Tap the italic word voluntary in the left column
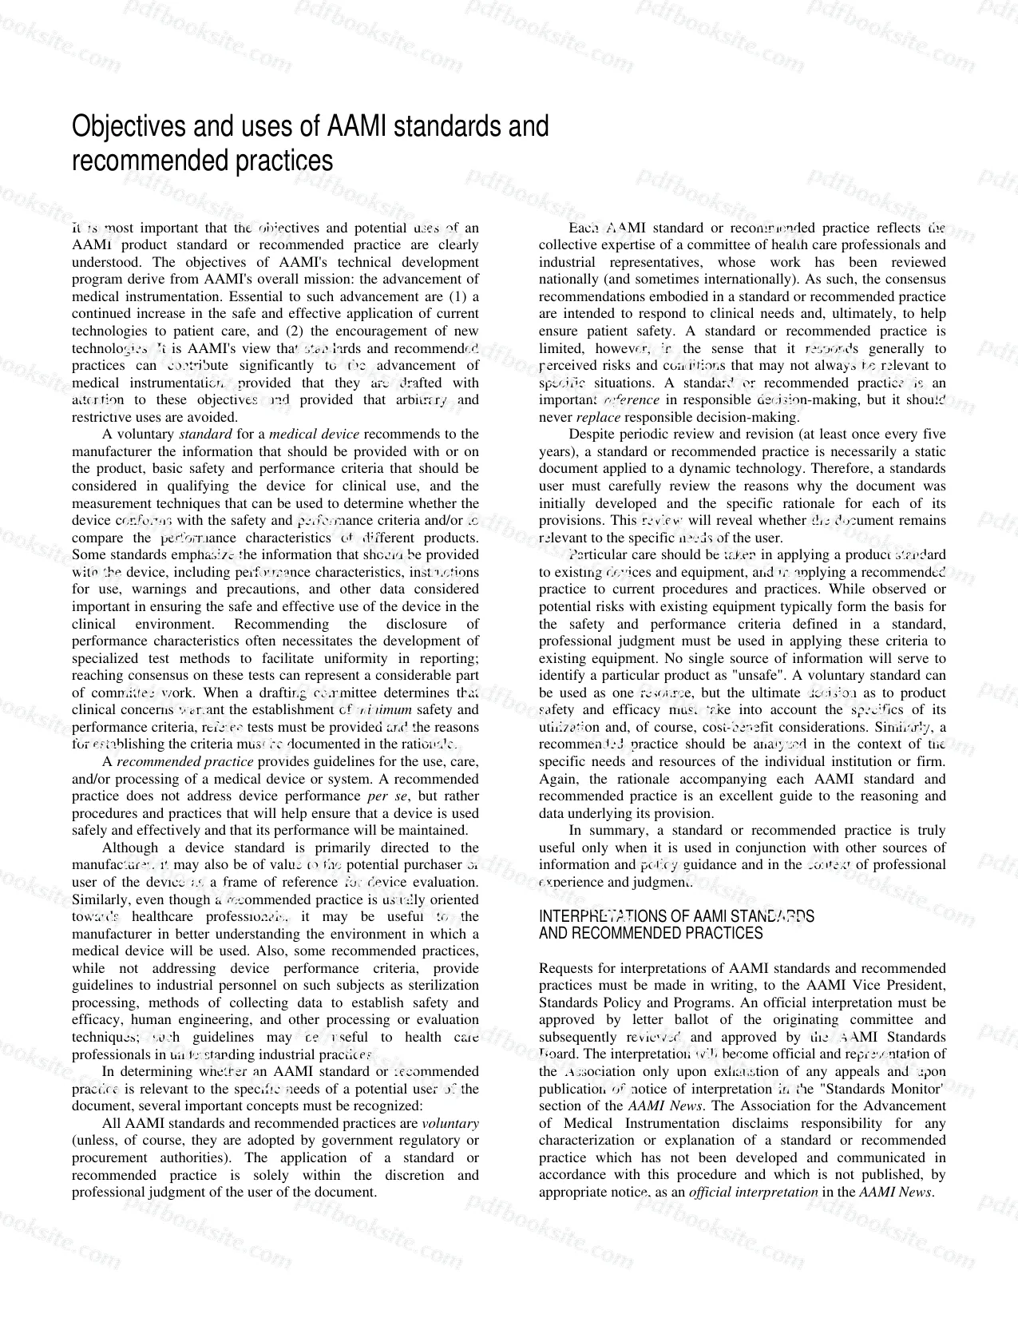(x=450, y=1123)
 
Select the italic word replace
(x=597, y=417)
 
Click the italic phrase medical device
(x=314, y=434)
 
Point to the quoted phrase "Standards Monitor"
(x=887, y=1089)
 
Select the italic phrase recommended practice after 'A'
(x=185, y=761)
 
